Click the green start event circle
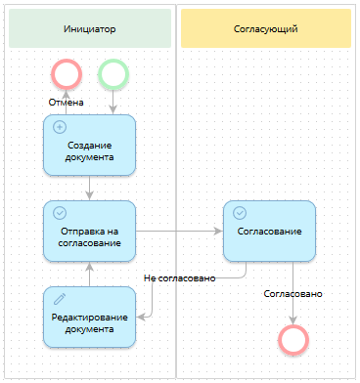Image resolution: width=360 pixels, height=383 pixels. coord(112,73)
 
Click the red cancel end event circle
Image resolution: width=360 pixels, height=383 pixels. coord(66,73)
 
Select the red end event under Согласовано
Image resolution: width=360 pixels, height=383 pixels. coord(293,338)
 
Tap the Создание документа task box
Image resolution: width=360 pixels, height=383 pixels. coord(89,145)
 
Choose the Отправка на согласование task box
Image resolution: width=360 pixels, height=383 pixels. coord(89,231)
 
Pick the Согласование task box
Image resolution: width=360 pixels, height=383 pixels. coord(269,231)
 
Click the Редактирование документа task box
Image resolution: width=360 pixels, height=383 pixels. coord(89,316)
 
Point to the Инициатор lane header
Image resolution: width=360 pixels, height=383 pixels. coord(89,29)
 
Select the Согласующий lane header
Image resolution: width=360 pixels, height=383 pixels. coord(265,29)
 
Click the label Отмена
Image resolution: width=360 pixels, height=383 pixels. coord(66,102)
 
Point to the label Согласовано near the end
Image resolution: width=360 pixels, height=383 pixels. coord(293,293)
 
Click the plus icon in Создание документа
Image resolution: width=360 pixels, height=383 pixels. coord(59,127)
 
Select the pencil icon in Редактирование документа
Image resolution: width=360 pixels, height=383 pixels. coord(59,297)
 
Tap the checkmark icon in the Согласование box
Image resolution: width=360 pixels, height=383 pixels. coord(240,212)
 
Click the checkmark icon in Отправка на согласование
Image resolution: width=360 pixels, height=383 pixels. coord(59,212)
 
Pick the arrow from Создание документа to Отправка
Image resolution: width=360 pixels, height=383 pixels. coord(89,188)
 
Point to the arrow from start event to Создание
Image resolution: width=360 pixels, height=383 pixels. coord(112,101)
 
